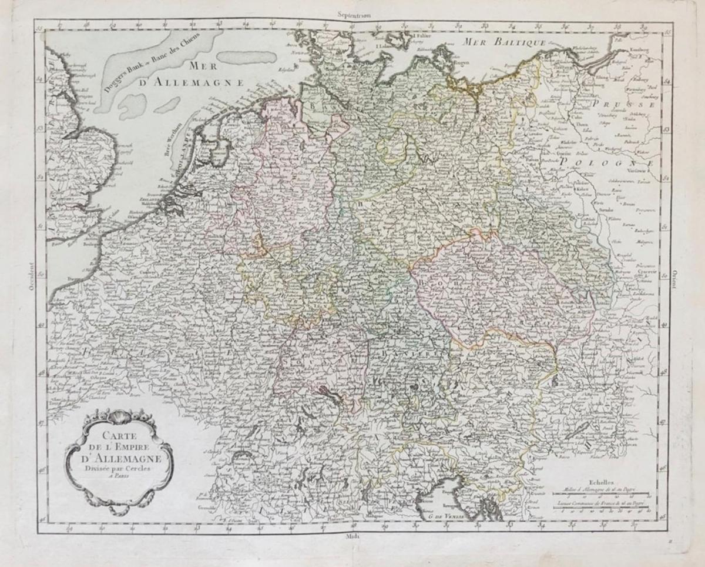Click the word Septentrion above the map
357,12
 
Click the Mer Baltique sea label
505,42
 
